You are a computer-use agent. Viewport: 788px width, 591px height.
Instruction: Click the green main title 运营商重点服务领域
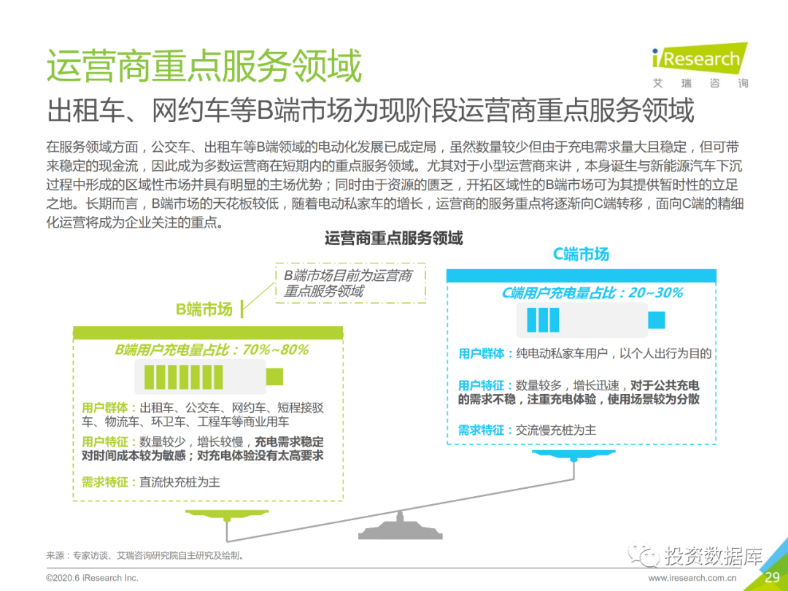point(204,66)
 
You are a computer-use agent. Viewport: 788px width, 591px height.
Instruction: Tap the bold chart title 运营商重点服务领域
point(393,238)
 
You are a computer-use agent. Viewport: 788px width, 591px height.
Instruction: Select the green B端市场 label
point(204,309)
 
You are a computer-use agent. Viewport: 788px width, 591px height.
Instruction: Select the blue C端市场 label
point(581,254)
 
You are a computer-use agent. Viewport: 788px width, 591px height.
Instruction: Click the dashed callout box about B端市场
point(349,283)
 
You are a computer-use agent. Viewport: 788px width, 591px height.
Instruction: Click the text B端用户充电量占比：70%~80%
point(212,350)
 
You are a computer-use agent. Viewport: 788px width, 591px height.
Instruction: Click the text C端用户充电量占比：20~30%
point(592,293)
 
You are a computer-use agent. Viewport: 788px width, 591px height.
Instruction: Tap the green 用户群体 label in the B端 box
point(106,408)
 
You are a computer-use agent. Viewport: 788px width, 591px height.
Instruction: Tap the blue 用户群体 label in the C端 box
point(482,354)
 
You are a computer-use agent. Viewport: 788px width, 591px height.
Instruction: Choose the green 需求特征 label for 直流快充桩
point(106,482)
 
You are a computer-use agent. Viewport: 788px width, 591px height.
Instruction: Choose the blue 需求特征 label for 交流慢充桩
point(482,430)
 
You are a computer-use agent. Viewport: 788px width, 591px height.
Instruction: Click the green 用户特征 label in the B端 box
point(106,442)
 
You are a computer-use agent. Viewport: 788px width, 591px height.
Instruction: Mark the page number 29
point(772,578)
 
